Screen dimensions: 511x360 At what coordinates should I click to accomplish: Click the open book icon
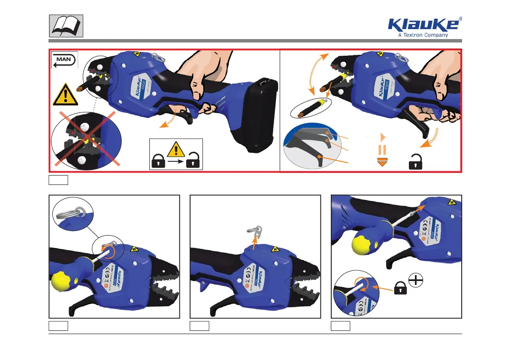[66, 25]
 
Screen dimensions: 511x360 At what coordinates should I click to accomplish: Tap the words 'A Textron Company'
[423, 35]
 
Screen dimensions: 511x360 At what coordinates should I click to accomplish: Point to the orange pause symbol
[382, 150]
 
